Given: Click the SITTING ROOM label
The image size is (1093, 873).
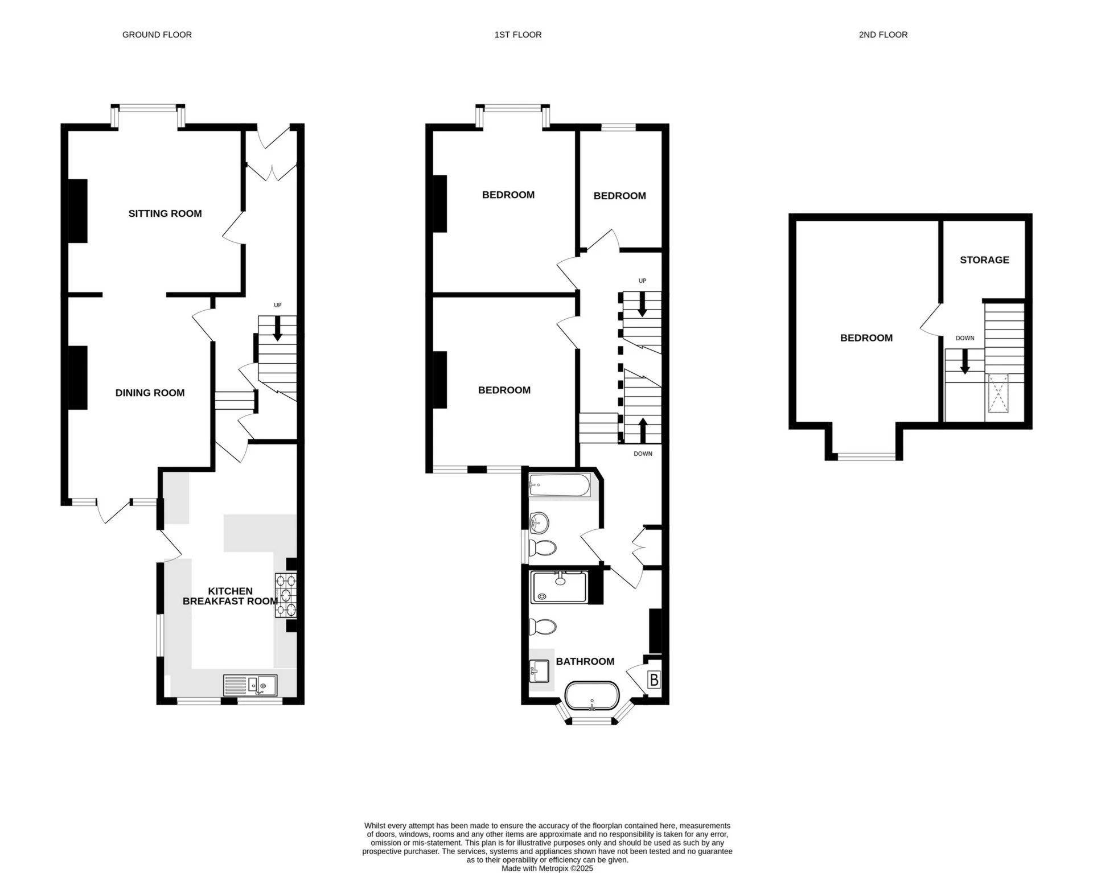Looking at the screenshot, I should click(165, 213).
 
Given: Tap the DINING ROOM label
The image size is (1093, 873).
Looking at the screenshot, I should click(150, 393).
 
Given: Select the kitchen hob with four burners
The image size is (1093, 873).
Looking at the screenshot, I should click(286, 595).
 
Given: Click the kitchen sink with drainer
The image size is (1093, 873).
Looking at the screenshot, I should click(250, 685).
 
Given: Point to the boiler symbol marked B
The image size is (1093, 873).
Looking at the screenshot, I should click(654, 680).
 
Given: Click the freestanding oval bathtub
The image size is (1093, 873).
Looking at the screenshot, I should click(592, 695).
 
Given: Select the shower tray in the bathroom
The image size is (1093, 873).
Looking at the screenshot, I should click(558, 587).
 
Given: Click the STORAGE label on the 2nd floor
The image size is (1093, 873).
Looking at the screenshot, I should click(984, 260).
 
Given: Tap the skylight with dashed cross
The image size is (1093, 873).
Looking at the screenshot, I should click(997, 393).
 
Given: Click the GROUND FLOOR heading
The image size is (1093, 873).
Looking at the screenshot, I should click(157, 35).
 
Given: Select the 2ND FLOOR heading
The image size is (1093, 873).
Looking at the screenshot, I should click(883, 35).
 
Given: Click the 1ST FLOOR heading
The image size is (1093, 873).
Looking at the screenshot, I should click(518, 35).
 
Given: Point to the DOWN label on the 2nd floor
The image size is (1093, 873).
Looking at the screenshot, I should click(965, 338).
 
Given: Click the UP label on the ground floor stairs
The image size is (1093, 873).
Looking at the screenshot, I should click(278, 305).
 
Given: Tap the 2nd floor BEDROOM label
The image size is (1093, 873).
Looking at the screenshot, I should click(866, 338).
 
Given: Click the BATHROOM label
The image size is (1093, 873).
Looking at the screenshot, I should click(585, 661).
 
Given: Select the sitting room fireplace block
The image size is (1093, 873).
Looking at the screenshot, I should click(78, 211).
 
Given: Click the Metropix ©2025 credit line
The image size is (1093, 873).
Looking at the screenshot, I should click(547, 868).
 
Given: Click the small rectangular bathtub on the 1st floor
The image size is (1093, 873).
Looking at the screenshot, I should click(560, 485).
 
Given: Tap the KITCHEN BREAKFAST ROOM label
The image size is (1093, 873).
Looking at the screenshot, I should click(230, 596).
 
